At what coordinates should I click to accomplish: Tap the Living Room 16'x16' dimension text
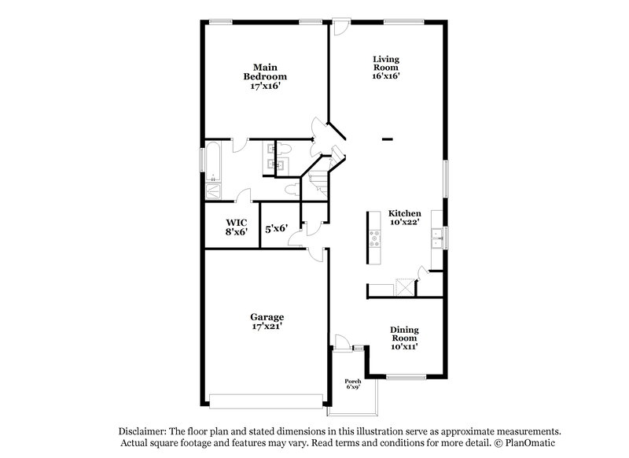[386, 76]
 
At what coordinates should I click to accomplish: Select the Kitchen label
[405, 213]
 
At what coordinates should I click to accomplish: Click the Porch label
[354, 382]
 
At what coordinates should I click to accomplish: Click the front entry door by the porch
[342, 342]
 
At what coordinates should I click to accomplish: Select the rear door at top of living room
[340, 27]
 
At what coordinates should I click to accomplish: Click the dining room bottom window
[406, 377]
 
